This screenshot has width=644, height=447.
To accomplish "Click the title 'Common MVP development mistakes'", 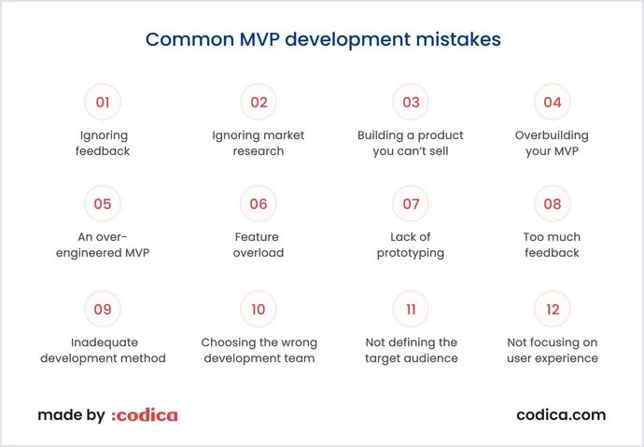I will (322, 40).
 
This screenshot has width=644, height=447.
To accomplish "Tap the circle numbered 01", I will (103, 103).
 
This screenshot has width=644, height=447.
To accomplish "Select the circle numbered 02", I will (259, 103).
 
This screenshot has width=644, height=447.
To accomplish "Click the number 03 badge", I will (411, 103).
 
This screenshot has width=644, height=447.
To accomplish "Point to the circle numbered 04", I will (552, 103).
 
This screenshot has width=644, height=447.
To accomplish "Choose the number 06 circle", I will (259, 204).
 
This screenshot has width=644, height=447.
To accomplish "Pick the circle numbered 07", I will (411, 204).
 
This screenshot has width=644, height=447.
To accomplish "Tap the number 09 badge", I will (103, 308).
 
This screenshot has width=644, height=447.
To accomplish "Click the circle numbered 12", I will (552, 308).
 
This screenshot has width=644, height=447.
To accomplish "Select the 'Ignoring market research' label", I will (259, 143).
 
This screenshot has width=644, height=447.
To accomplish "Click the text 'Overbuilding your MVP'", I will (552, 143).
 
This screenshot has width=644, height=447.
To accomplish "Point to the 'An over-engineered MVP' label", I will (103, 244).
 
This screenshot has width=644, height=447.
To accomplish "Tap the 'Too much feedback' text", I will (552, 244).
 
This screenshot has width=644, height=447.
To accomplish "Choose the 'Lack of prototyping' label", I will (411, 244).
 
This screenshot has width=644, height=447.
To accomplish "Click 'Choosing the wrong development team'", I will (259, 350).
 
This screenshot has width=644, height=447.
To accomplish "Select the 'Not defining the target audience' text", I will (411, 350).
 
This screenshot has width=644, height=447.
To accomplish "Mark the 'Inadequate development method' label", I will (103, 350).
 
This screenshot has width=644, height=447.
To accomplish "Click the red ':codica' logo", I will (144, 415).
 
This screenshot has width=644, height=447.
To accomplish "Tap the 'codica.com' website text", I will (560, 415).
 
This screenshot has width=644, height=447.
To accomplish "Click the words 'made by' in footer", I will (71, 415).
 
